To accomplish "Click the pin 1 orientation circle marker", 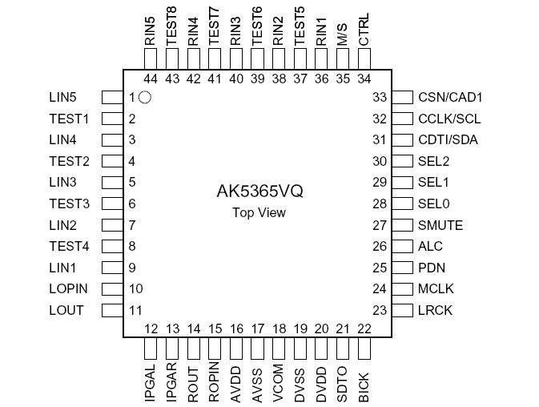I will pos(145,98).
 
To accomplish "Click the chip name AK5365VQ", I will pos(259,192).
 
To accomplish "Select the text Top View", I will pos(259,212).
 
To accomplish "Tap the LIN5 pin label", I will pos(62,98).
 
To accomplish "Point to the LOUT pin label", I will pos(66,310).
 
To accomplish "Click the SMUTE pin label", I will pos(440,225).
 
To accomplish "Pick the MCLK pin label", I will pos(436,289).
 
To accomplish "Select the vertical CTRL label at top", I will pos(364,30).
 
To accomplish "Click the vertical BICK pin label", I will pos(364,382).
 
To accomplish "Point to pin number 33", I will pos(380,98).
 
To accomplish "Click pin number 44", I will pos(151,79).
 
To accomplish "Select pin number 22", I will pos(364,328).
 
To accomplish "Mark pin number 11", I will pos(135,310).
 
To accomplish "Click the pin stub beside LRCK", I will pos(402,310).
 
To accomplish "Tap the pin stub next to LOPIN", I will pos(111,289).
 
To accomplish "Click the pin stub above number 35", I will pos(343,58).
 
